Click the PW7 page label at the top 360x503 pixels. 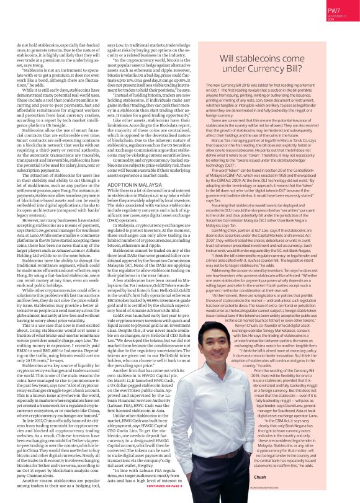pyautogui.click(x=335, y=10)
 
